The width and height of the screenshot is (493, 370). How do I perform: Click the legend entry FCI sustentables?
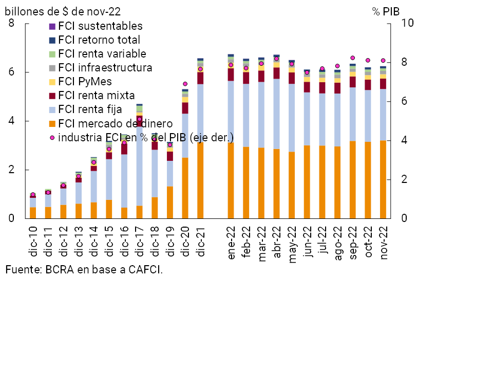coord(100,26)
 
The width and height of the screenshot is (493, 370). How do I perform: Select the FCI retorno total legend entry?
coord(99,40)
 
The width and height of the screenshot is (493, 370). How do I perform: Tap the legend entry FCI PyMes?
coord(85,82)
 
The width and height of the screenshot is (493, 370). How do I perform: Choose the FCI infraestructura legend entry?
coord(105,68)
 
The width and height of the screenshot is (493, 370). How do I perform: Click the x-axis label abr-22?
coord(277,243)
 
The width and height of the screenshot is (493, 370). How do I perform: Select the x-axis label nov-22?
coord(383,243)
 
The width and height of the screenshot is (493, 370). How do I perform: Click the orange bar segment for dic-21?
coord(200,180)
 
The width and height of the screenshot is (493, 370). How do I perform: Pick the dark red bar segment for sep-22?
coord(353,82)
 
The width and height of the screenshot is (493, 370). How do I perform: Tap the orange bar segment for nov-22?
coord(383,179)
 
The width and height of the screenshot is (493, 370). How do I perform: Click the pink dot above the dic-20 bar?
coord(185,84)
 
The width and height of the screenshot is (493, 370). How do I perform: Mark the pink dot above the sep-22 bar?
coord(353,58)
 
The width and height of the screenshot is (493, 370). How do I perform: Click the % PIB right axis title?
coord(386,11)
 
